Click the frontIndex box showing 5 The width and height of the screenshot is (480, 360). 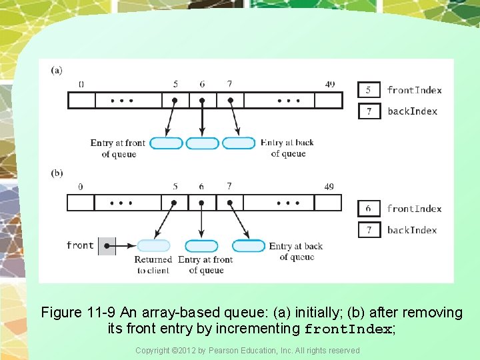[x=369, y=90]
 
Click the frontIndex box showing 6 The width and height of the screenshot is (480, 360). [x=369, y=209]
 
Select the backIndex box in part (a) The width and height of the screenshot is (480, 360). [x=369, y=111]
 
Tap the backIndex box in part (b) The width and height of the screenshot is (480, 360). [x=369, y=230]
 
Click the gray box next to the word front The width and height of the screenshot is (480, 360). [x=107, y=246]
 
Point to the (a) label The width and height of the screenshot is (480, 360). [x=57, y=70]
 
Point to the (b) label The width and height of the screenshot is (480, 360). [x=57, y=173]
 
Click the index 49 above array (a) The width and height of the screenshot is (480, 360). [x=329, y=85]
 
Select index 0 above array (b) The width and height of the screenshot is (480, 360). [x=81, y=187]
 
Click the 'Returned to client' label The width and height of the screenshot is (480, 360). [x=153, y=265]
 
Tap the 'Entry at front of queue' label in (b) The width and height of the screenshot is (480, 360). [x=205, y=265]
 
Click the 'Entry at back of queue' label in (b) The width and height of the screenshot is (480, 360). [x=296, y=251]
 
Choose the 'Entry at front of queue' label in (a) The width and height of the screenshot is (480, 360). [x=118, y=148]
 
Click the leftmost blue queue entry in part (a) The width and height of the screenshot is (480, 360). [x=166, y=143]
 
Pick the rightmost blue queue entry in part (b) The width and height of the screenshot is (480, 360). [x=249, y=246]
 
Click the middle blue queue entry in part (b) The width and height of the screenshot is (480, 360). [x=201, y=246]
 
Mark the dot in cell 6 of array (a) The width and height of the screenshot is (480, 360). [x=202, y=101]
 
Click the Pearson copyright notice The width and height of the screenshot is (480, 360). [x=247, y=351]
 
